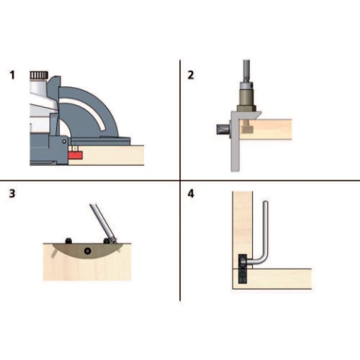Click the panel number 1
(12, 75)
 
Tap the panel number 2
(190, 75)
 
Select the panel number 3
(12, 193)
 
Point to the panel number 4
(190, 193)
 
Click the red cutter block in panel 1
(76, 155)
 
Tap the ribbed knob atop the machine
(39, 75)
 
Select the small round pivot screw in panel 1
(64, 141)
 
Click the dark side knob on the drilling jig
(223, 130)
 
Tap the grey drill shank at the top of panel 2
(246, 70)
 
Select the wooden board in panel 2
(265, 129)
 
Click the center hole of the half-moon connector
(88, 250)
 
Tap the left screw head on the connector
(68, 241)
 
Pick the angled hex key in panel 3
(103, 223)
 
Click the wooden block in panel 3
(87, 265)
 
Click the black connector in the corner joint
(242, 268)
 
